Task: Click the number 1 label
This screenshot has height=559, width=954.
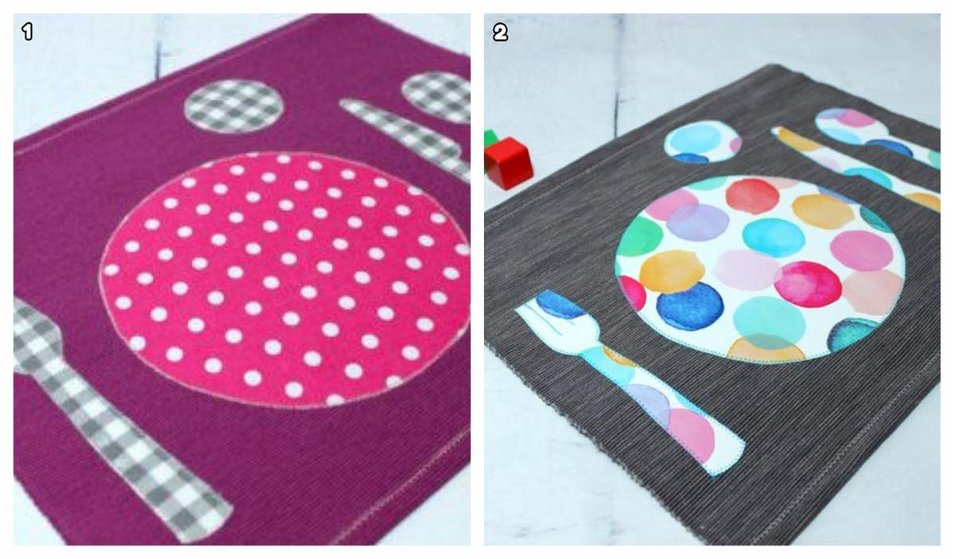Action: coord(28,32)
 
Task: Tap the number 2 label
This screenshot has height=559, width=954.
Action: coord(500,32)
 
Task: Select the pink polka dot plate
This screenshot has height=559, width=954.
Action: coord(285,279)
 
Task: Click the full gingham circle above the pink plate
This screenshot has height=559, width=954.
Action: coord(235,107)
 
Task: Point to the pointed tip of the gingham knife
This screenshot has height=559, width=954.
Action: coord(342,103)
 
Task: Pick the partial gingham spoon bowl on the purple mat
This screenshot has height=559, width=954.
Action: coord(436,97)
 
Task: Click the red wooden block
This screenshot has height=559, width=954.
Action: coord(509,163)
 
